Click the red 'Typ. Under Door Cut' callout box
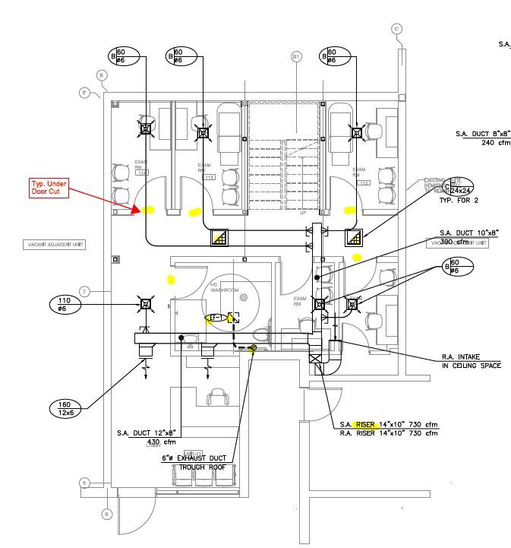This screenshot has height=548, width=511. [x=50, y=188]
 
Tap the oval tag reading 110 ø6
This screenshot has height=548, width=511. [x=64, y=305]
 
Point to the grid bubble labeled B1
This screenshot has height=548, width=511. [x=297, y=57]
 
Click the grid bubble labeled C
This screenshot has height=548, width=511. [x=396, y=30]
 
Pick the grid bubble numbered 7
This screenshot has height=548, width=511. [x=85, y=292]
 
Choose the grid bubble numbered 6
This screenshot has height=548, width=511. [x=86, y=483]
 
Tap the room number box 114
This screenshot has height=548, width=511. [x=141, y=173]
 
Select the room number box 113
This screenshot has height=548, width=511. [x=210, y=177]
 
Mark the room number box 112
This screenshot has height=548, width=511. [x=364, y=183]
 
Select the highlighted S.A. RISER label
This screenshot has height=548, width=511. [x=358, y=424]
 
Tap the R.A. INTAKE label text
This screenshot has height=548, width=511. [x=470, y=357]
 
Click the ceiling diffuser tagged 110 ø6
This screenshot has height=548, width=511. [x=144, y=304]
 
